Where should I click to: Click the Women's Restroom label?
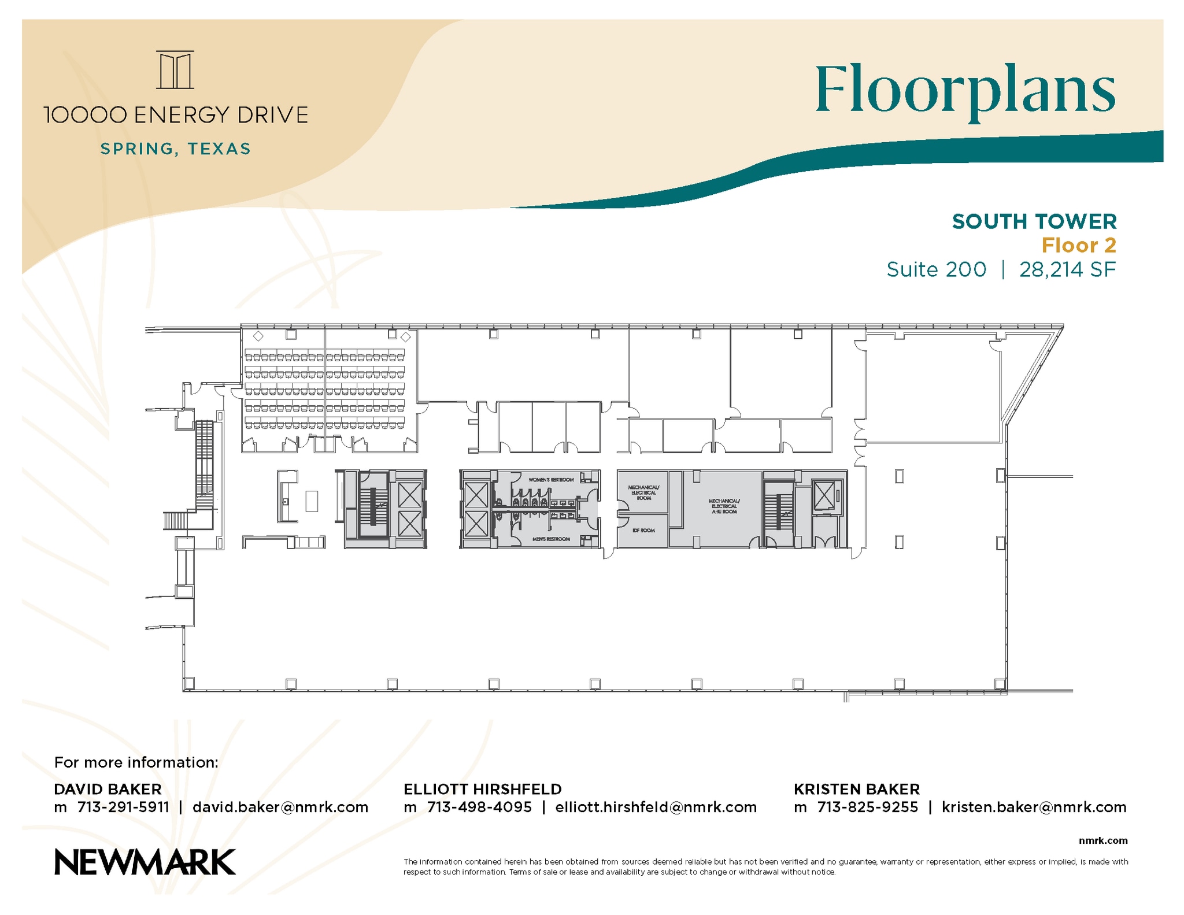(x=551, y=480)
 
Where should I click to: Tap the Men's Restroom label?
(x=551, y=539)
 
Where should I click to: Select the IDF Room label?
(x=643, y=530)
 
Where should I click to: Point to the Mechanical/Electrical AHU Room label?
(x=724, y=506)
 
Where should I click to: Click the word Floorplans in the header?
(x=965, y=91)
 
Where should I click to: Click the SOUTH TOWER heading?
(x=1034, y=221)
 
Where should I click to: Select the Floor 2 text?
(x=1078, y=246)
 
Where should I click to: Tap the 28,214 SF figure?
(x=1067, y=269)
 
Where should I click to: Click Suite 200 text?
(x=936, y=269)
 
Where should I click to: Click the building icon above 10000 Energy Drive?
(x=175, y=70)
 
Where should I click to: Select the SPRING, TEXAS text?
(x=176, y=149)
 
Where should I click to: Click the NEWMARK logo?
(x=145, y=862)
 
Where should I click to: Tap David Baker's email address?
(x=280, y=807)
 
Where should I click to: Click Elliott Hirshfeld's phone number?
(x=479, y=807)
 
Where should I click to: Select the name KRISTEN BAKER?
(x=856, y=789)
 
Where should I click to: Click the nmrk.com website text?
(x=1102, y=840)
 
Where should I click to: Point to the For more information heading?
(x=136, y=762)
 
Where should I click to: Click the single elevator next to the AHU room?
(x=824, y=496)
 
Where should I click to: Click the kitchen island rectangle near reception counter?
(x=312, y=501)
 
